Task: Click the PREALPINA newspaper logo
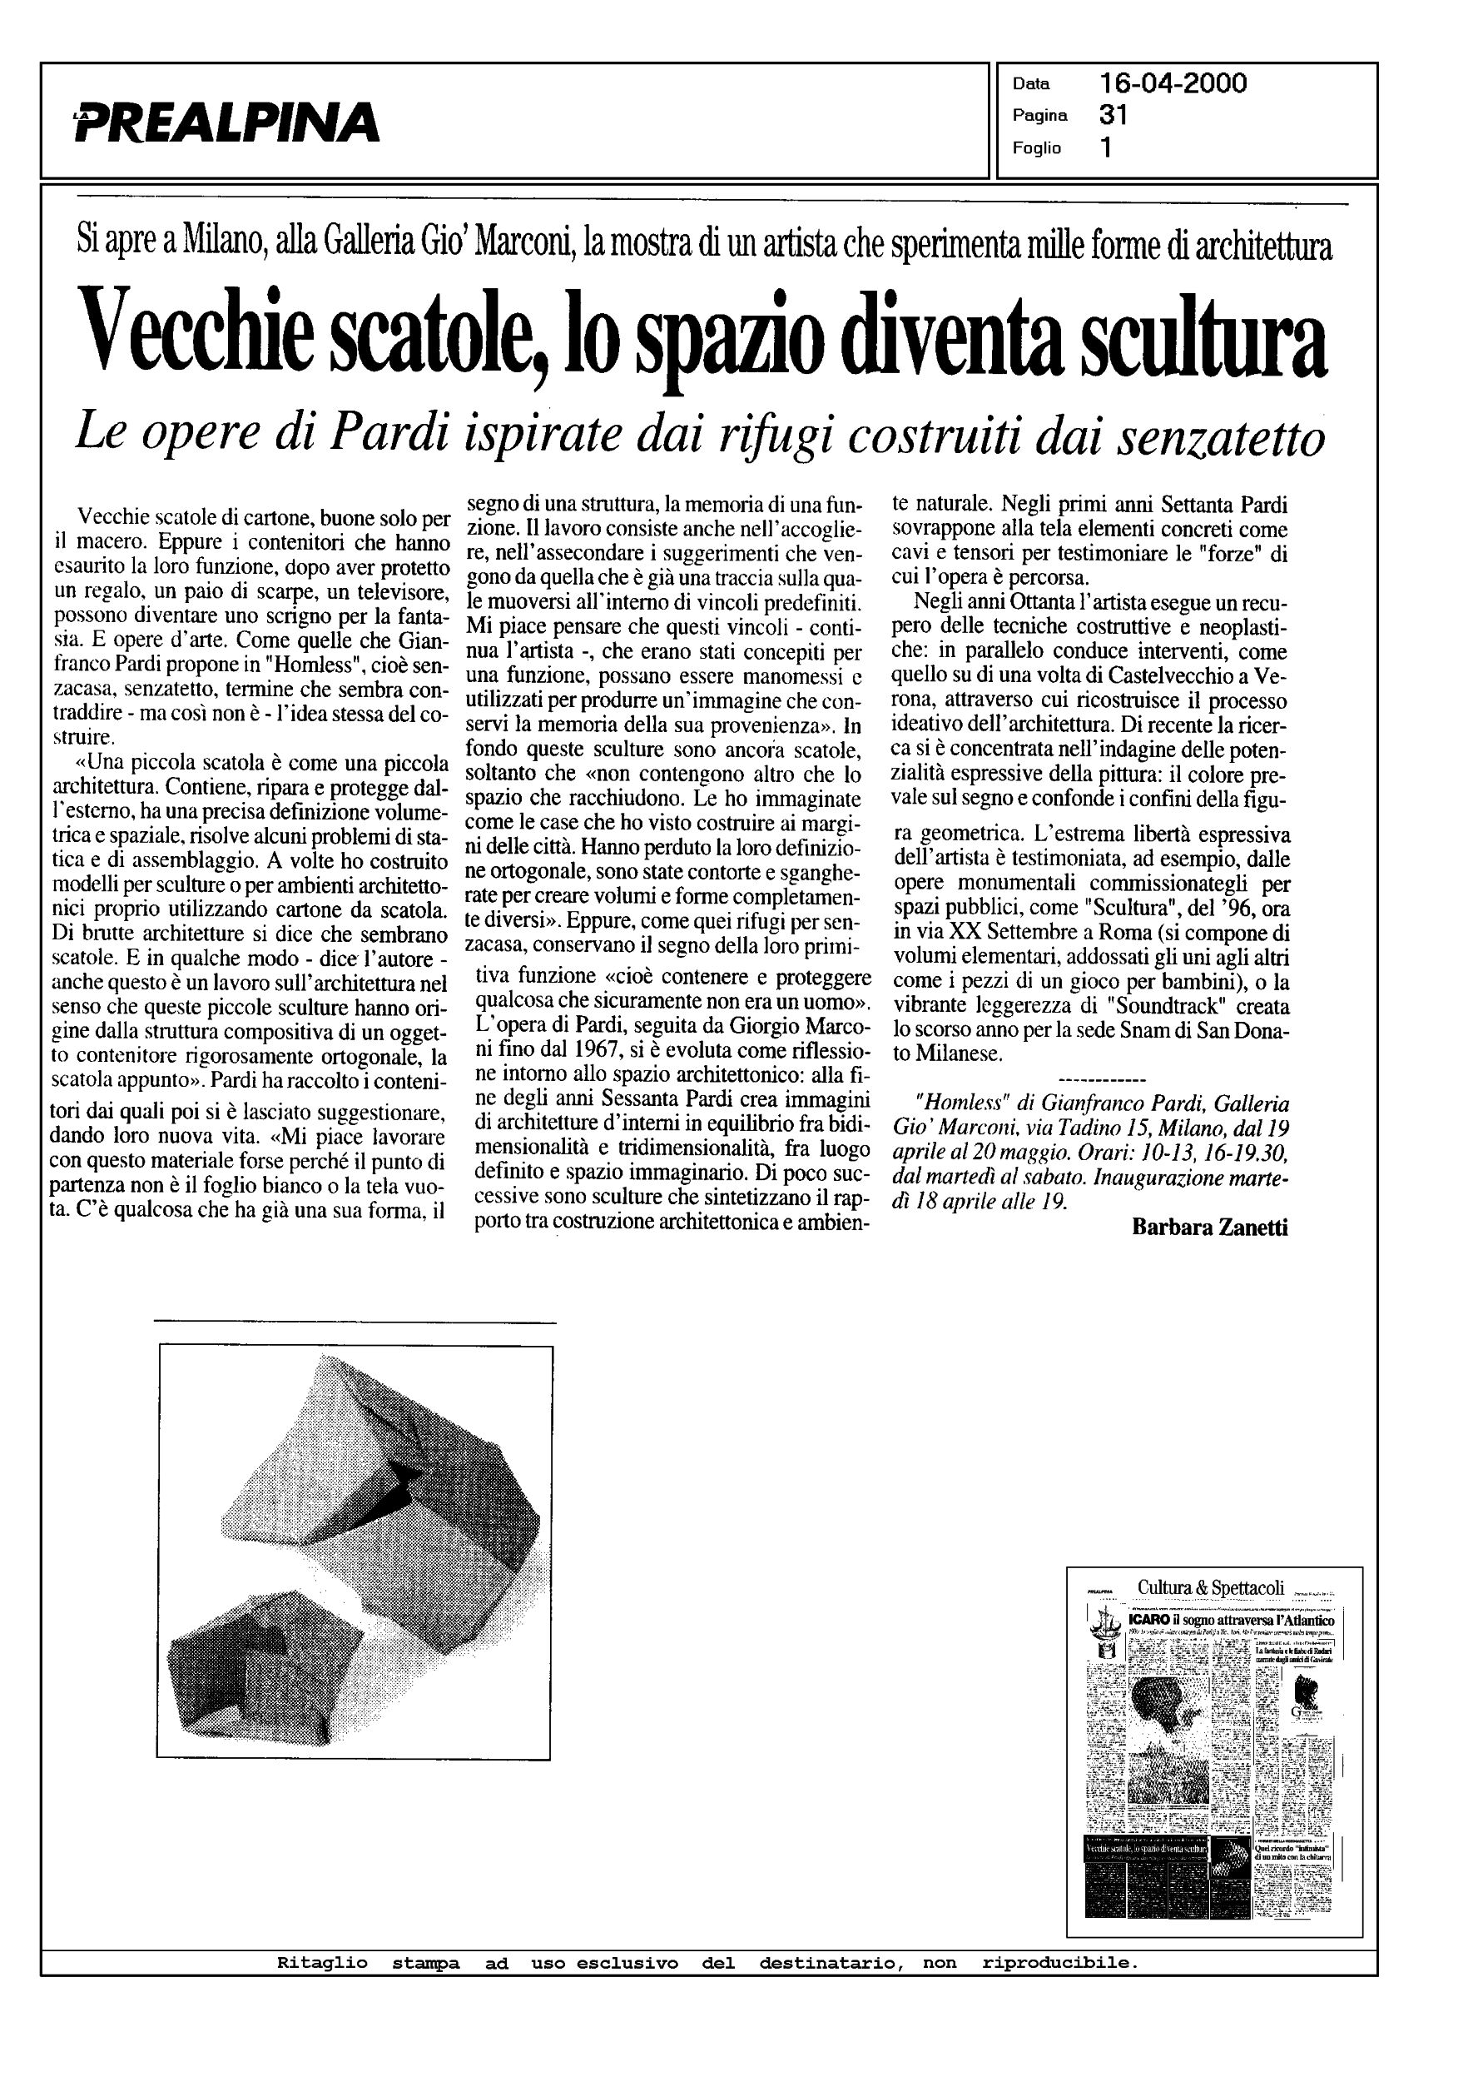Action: [226, 122]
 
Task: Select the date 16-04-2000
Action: [1173, 84]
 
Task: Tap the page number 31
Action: [1113, 115]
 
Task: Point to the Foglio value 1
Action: [1106, 148]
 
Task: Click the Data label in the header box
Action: [1031, 84]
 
